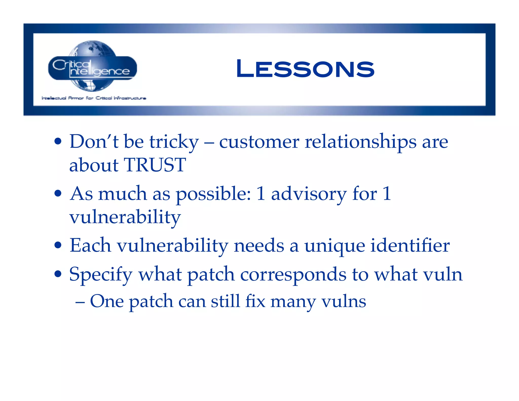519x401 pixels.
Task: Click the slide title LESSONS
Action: (x=305, y=69)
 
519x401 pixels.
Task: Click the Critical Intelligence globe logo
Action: (x=93, y=66)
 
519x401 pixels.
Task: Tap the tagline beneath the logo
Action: (x=94, y=98)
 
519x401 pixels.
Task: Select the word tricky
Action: (x=174, y=142)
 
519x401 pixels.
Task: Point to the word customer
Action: (x=259, y=142)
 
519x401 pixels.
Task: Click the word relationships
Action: (x=360, y=142)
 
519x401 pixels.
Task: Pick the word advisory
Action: (x=309, y=194)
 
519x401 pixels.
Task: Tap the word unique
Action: (x=335, y=246)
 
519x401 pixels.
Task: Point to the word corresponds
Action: (x=293, y=275)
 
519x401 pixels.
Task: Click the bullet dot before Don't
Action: (x=58, y=141)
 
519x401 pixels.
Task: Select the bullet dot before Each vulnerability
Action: (x=58, y=245)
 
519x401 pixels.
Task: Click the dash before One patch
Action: (x=80, y=302)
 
